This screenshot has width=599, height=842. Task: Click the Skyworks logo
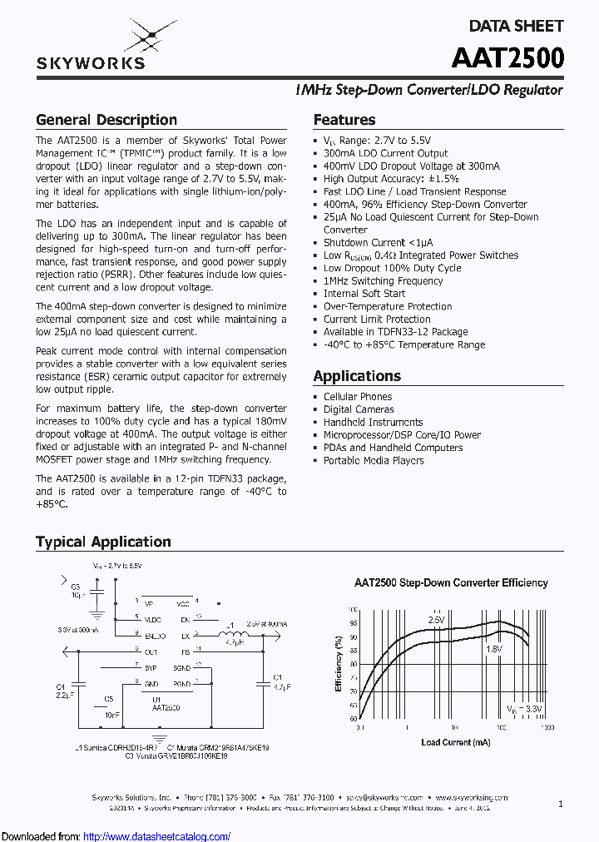(91, 47)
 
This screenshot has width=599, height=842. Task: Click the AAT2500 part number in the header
(507, 57)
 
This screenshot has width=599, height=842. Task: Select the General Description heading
(106, 120)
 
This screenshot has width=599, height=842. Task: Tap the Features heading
(344, 120)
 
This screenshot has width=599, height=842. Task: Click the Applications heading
(357, 376)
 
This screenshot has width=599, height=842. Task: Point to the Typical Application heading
(103, 542)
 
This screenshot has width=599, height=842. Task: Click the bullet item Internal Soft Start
(364, 294)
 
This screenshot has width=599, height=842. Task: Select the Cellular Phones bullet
(358, 397)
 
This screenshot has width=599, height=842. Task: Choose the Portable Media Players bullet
(374, 461)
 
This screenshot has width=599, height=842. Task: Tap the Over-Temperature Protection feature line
(388, 306)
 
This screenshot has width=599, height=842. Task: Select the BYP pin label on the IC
(150, 667)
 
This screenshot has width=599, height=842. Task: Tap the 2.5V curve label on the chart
(436, 620)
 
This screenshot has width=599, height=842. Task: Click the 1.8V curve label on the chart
(493, 649)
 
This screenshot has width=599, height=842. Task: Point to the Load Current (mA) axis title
(455, 742)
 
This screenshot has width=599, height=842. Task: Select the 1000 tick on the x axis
(547, 727)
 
